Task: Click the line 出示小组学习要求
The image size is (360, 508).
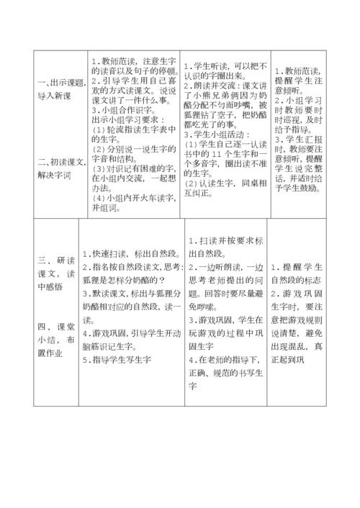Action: (130, 120)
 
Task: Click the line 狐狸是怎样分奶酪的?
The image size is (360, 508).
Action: (122, 279)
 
